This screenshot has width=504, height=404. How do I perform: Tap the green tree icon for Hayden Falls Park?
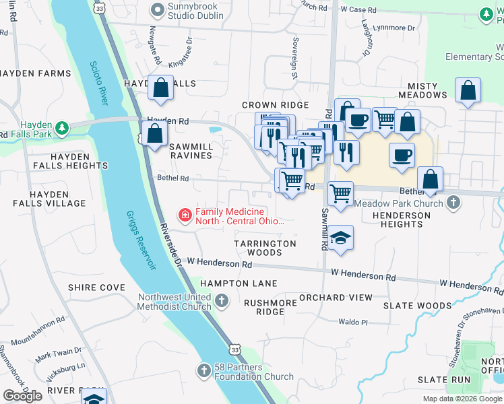coord(61,127)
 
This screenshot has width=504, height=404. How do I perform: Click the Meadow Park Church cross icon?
coord(454,202)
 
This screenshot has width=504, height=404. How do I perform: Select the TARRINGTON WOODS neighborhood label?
coord(265,248)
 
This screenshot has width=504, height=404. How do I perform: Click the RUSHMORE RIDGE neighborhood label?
coord(270,307)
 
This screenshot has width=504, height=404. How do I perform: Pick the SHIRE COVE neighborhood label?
coord(96,288)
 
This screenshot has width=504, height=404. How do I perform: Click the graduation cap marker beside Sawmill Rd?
coord(341,239)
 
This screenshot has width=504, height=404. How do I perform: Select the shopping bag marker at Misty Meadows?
coord(468,91)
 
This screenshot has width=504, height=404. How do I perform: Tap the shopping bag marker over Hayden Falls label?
coord(161,89)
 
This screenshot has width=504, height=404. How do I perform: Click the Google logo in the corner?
coord(22,396)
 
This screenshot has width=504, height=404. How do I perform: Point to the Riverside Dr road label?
coord(171,248)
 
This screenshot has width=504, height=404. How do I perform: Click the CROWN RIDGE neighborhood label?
coord(275,105)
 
